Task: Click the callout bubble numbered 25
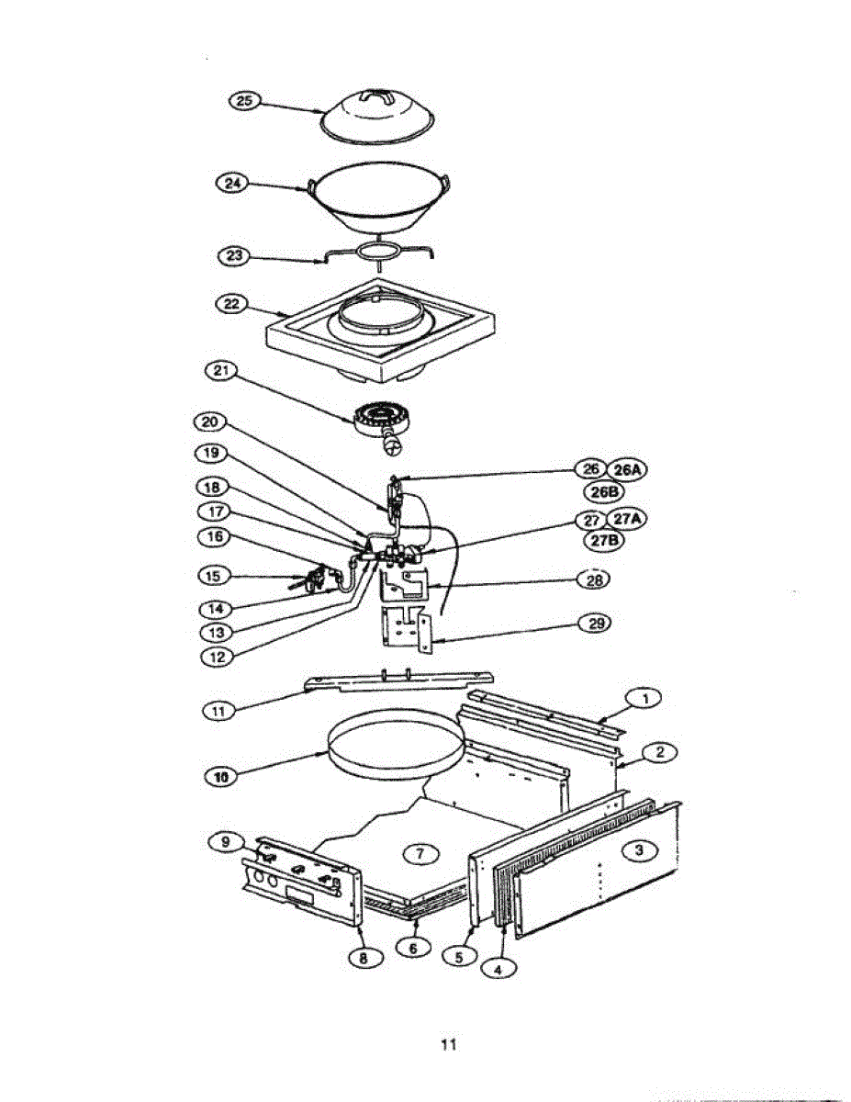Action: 244,102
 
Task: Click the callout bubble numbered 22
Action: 231,304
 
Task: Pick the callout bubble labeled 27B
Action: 604,540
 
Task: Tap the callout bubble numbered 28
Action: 594,579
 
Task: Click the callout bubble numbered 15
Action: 213,576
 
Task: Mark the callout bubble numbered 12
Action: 213,658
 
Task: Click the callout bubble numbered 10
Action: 219,777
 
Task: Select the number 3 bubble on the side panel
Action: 640,850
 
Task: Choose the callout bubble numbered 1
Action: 644,699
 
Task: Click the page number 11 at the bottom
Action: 448,1044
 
